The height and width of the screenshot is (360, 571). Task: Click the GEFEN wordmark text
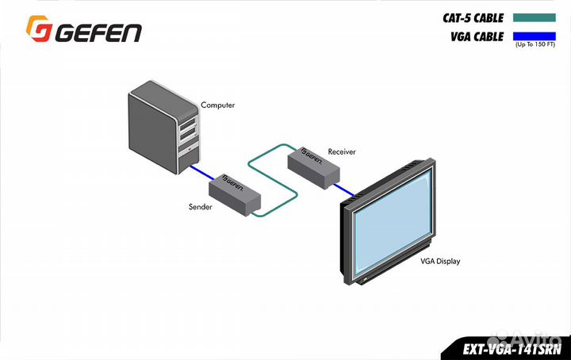pos(98,32)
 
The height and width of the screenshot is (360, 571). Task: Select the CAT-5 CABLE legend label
pos(473,16)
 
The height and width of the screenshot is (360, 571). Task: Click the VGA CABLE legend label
pos(476,35)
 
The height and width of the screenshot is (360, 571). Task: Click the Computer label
pos(217,105)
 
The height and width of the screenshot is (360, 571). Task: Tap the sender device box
pos(235,195)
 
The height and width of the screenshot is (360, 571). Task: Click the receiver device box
pos(313,167)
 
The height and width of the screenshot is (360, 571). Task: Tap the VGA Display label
pos(441,261)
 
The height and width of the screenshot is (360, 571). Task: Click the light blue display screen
pos(393,221)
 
